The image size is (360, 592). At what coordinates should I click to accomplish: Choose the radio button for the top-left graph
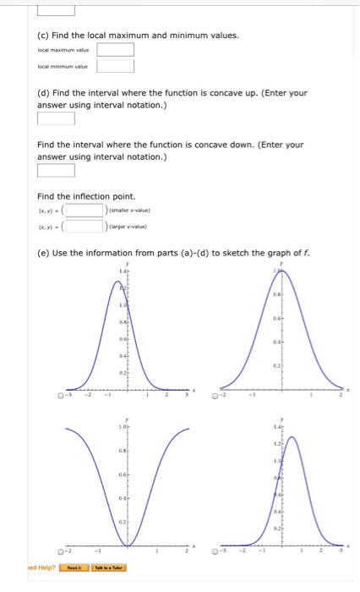click(59, 393)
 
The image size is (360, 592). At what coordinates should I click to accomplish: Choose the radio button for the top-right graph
click(215, 393)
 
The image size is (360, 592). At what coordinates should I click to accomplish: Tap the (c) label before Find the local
click(44, 35)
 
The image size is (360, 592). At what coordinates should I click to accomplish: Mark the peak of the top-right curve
click(283, 270)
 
